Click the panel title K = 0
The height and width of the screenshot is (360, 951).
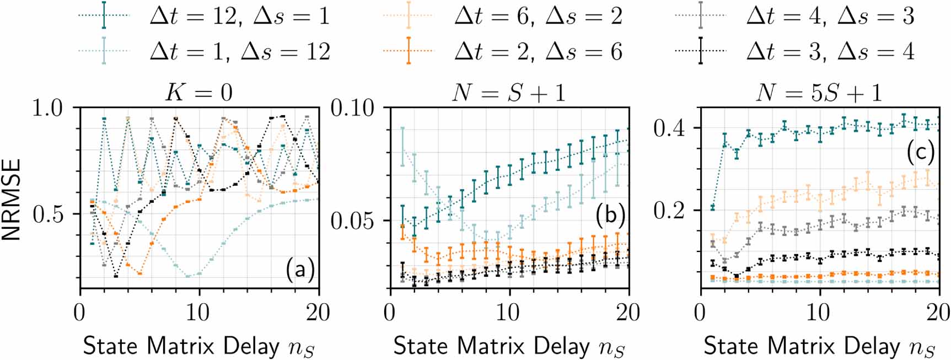(x=199, y=92)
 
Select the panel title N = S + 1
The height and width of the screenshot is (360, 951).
(x=508, y=92)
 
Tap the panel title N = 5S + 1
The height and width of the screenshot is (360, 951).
(x=818, y=92)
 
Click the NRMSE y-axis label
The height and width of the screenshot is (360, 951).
(x=12, y=199)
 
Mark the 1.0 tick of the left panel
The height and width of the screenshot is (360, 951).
(x=48, y=108)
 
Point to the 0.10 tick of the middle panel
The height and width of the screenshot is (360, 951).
(x=353, y=108)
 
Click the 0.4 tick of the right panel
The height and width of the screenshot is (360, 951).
(x=669, y=128)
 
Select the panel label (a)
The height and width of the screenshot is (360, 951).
(x=300, y=270)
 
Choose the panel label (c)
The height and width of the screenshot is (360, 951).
(x=920, y=153)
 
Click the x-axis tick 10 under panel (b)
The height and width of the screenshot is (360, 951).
(x=508, y=313)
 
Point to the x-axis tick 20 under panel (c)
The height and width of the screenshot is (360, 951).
(x=938, y=313)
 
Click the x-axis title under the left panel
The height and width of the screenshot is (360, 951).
(x=199, y=347)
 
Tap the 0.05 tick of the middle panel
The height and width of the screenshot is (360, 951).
(x=353, y=221)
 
